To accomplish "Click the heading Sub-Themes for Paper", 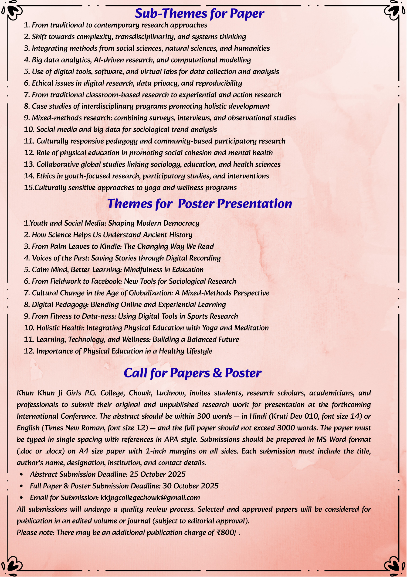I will [200, 13].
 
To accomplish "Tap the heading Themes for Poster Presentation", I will [200, 203].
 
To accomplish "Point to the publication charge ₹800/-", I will [228, 533].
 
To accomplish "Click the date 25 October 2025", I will [157, 474].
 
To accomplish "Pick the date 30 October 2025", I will [190, 486].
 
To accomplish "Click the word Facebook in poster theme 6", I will [105, 281].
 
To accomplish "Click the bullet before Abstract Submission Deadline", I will [21, 474].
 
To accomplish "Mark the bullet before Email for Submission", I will [21, 498].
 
